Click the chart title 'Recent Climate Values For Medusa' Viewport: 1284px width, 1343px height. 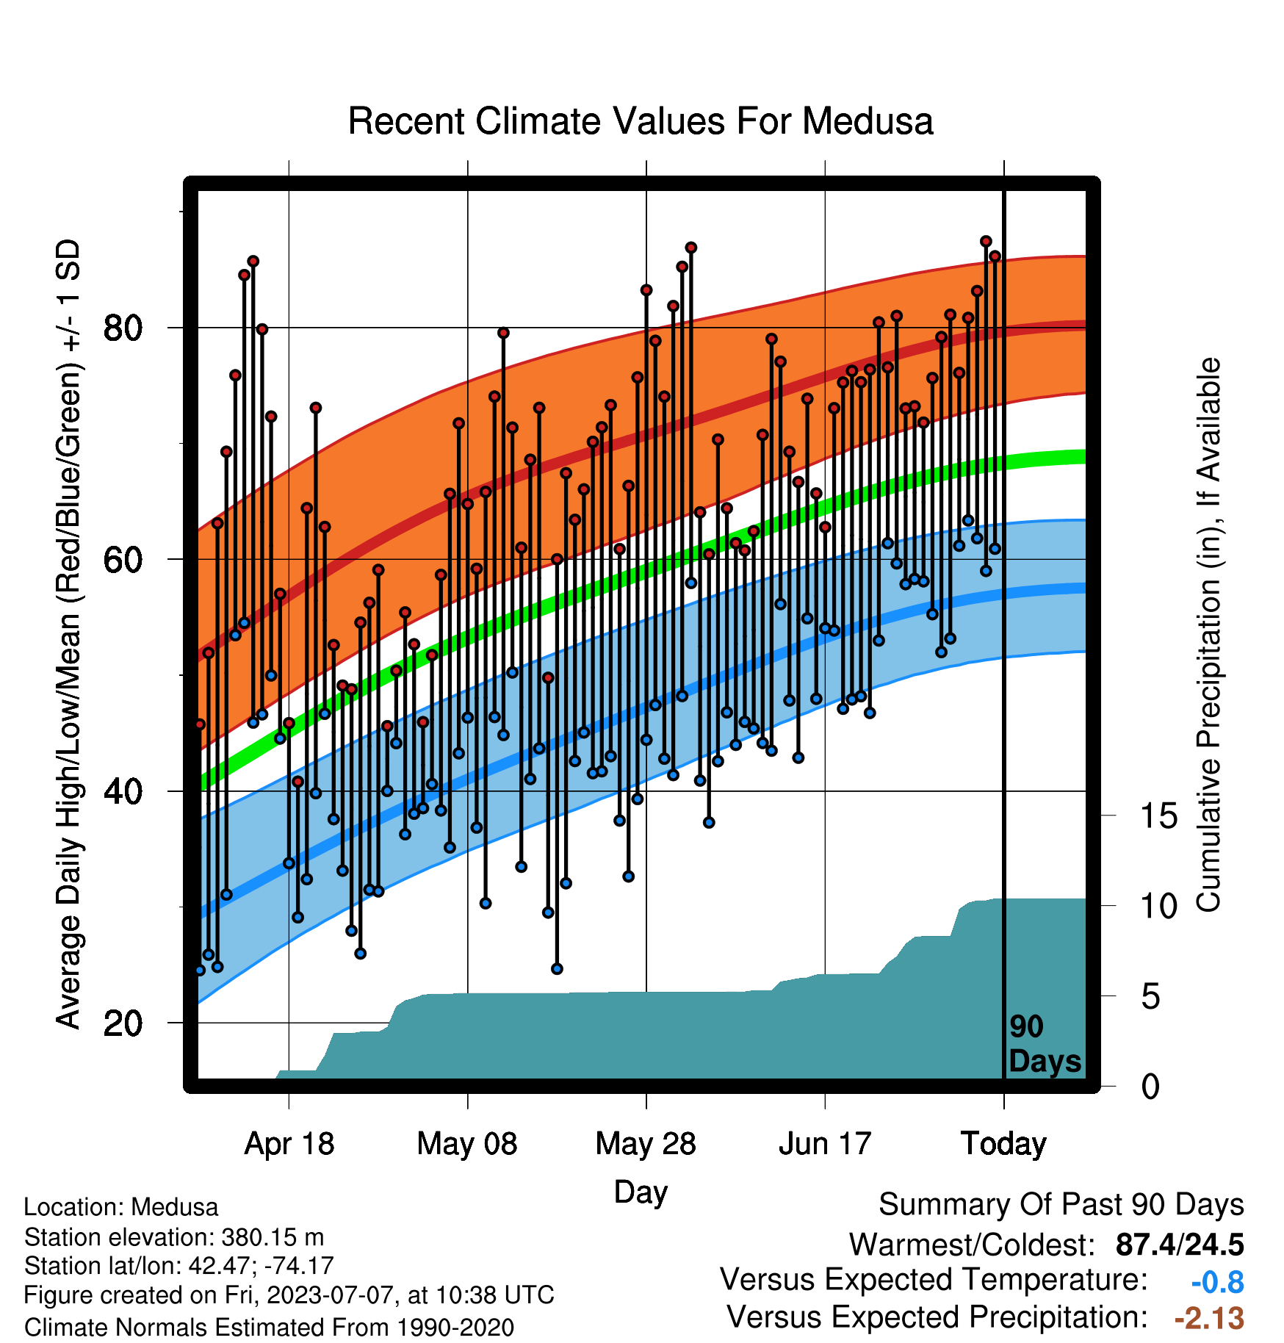[x=641, y=121]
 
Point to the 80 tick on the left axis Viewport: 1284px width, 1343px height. [x=123, y=328]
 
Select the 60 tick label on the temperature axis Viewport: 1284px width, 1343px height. [x=123, y=560]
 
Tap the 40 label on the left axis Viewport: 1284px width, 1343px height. [x=123, y=792]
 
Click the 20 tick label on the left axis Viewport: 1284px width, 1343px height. [x=123, y=1023]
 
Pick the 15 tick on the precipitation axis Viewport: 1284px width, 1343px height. [x=1158, y=816]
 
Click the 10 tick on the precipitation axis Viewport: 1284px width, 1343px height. [x=1158, y=907]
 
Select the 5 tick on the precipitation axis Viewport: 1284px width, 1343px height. [x=1150, y=997]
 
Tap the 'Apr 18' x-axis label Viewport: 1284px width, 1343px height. [x=289, y=1144]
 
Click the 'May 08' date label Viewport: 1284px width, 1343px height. [x=467, y=1144]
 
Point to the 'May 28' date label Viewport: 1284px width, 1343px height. [x=646, y=1144]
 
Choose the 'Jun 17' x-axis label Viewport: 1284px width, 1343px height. [x=825, y=1144]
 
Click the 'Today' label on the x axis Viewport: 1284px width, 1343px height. [x=1003, y=1144]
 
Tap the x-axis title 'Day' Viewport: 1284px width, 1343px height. [x=641, y=1192]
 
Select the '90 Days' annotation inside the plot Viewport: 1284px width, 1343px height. [x=1045, y=1044]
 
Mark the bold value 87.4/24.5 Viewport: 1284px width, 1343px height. [x=1180, y=1245]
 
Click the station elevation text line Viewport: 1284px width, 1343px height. [x=174, y=1237]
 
